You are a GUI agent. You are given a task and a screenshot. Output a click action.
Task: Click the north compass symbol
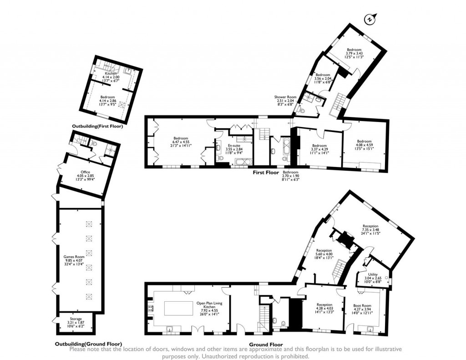[x=370, y=19]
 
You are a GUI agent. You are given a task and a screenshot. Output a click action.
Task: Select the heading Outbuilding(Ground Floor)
[x=88, y=344]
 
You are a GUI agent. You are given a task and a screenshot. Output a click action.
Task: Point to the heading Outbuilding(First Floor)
[x=97, y=126]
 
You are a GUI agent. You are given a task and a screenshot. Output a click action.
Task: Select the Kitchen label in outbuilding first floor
[x=111, y=73]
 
